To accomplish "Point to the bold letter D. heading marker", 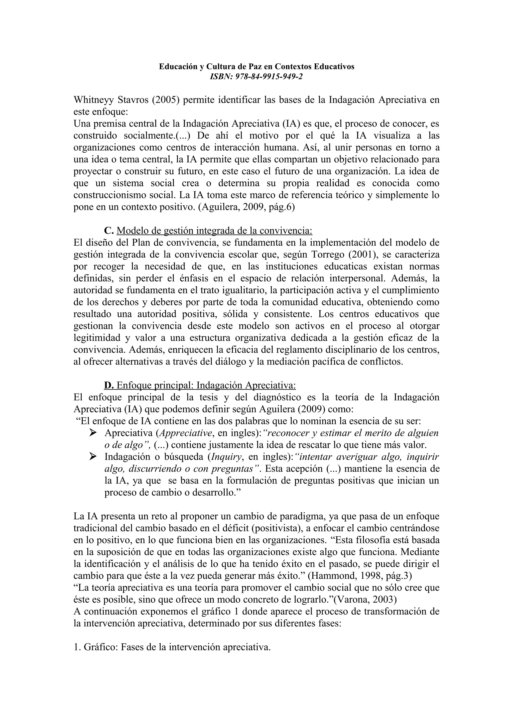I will [109, 386].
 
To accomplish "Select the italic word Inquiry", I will [224, 457].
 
